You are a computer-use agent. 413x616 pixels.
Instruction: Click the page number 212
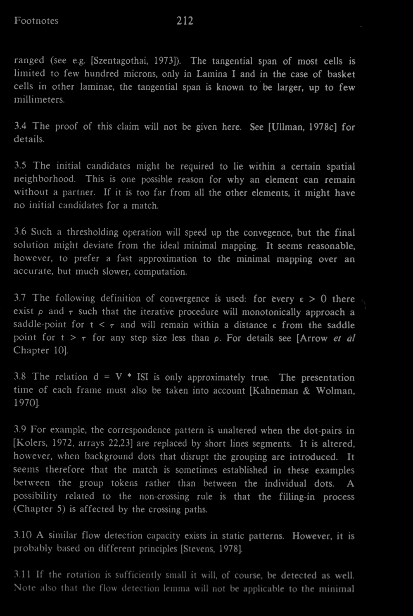point(185,21)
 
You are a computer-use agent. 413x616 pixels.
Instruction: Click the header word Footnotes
point(36,21)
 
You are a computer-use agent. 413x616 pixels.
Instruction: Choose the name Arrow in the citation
point(313,338)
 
